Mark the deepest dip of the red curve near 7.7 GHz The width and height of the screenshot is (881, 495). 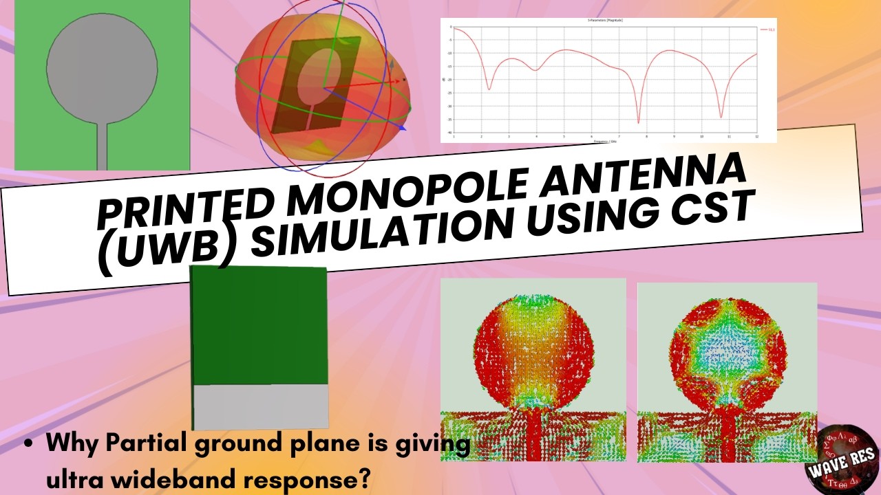coord(638,122)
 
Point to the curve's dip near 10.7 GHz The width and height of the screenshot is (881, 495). coord(721,117)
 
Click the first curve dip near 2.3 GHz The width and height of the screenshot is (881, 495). coord(489,89)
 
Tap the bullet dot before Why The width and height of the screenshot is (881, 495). coord(28,445)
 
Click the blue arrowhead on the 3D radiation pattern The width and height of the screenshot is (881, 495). coord(403,127)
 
